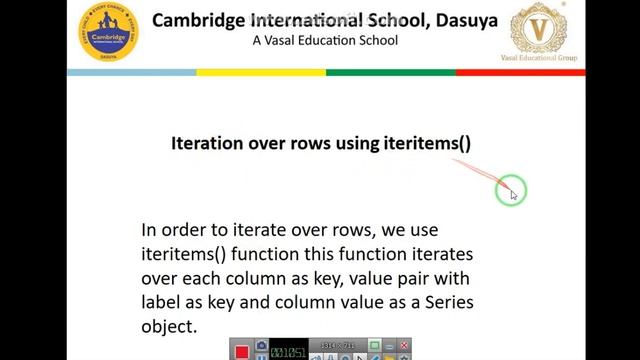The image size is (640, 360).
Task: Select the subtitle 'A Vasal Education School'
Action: pos(325,41)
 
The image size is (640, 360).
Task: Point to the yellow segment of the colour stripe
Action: pos(260,72)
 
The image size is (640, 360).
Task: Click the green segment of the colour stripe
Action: pos(390,72)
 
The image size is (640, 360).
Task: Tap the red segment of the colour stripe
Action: pos(520,72)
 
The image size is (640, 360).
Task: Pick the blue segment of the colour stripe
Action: pos(131,72)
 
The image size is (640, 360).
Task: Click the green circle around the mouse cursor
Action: pos(510,190)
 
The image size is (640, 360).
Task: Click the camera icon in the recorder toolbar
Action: pos(261,349)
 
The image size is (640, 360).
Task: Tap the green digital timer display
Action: pos(289,351)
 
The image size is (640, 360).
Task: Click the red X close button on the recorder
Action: pos(404,346)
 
